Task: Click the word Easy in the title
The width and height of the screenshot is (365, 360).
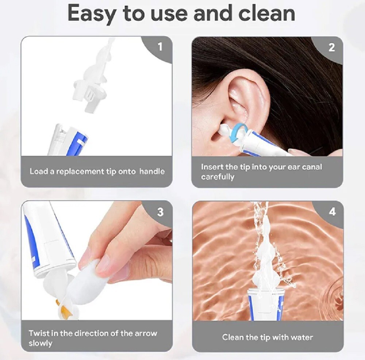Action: coord(92,13)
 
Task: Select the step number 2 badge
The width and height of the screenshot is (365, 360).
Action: coord(331,47)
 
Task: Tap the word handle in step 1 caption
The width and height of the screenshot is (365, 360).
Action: coord(152,171)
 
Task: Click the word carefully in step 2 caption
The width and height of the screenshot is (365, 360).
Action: coord(218,177)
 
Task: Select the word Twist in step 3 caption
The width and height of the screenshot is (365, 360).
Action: coord(38,333)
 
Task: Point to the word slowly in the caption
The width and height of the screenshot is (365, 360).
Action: coord(41,343)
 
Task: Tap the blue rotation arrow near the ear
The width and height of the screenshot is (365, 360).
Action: coord(241,128)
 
